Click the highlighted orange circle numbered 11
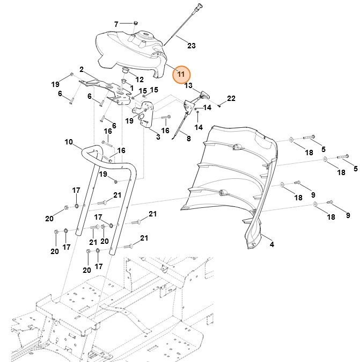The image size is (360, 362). tap(181, 74)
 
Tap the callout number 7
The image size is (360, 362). tap(116, 24)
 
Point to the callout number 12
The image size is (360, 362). tap(139, 78)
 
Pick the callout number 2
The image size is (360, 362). tap(81, 69)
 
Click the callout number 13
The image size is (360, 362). tap(188, 85)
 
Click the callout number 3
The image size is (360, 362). tap(158, 137)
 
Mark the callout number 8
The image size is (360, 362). tap(188, 139)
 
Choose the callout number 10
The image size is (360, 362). tap(68, 142)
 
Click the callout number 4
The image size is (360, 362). tap(271, 244)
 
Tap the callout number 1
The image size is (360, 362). tap(131, 88)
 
